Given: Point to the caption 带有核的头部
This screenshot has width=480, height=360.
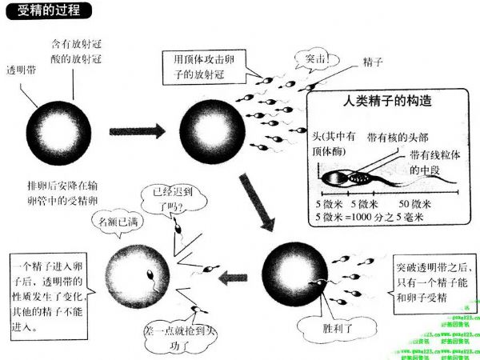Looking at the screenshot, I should click(x=397, y=137).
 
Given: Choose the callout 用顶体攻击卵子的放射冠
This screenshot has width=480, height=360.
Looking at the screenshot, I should click(x=206, y=66).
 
